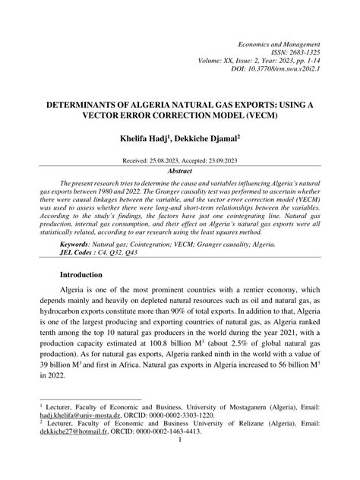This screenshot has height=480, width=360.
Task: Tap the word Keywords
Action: (x=78, y=245)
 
